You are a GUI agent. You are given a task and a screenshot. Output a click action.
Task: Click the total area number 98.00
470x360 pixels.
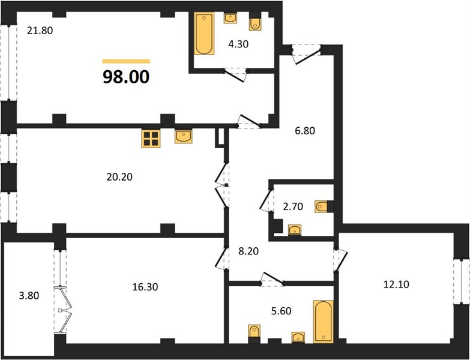pyautogui.click(x=126, y=77)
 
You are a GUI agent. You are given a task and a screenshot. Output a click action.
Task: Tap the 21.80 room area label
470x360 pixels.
pyautogui.click(x=40, y=30)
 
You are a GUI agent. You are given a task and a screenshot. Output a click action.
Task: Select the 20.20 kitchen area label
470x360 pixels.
pyautogui.click(x=119, y=177)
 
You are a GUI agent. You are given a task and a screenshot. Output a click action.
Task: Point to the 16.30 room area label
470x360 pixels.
pyautogui.click(x=145, y=287)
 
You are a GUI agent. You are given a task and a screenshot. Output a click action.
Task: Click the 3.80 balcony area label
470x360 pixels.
pyautogui.click(x=29, y=296)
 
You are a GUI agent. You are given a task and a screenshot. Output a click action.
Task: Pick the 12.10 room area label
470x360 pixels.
pyautogui.click(x=396, y=284)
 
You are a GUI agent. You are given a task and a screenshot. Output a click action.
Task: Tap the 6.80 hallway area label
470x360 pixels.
pyautogui.click(x=305, y=131)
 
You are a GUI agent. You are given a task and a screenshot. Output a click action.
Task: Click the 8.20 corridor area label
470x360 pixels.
pyautogui.click(x=249, y=251)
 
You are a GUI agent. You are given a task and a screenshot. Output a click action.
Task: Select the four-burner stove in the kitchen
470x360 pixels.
pyautogui.click(x=151, y=139)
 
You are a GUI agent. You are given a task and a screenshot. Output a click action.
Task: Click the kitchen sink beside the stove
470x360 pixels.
pyautogui.click(x=184, y=136)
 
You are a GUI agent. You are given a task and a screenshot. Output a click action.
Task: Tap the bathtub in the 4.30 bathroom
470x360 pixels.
pyautogui.click(x=204, y=34)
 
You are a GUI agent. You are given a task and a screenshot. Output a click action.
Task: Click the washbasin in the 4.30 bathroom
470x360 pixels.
pyautogui.click(x=230, y=18)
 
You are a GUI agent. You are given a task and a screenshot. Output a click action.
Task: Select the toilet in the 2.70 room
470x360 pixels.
pyautogui.click(x=321, y=206)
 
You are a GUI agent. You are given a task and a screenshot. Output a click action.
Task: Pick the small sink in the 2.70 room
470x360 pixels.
pyautogui.click(x=295, y=230)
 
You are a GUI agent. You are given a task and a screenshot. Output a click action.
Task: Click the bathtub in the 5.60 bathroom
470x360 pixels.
pyautogui.click(x=323, y=322)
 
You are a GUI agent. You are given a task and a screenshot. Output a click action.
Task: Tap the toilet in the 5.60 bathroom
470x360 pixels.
pyautogui.click(x=254, y=331)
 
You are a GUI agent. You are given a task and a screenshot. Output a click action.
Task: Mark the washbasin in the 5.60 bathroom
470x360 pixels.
pyautogui.click(x=298, y=337)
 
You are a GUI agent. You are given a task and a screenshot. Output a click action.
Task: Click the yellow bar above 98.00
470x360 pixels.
pyautogui.click(x=126, y=61)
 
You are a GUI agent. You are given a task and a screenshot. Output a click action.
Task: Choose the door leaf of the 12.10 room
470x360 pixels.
pyautogui.click(x=342, y=262)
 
